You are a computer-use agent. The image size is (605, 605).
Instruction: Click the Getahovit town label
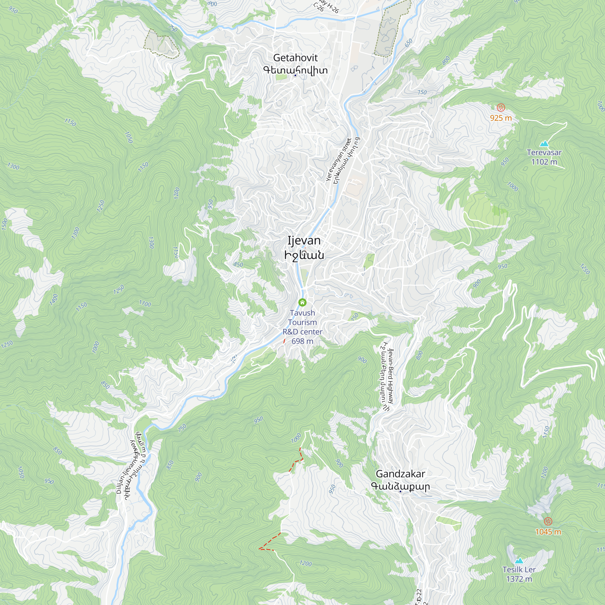point(295,58)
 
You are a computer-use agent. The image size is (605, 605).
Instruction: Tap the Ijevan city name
point(304,240)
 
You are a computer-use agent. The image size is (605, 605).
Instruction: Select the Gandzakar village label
point(400,474)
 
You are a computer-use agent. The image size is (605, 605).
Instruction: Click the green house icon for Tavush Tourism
point(302,302)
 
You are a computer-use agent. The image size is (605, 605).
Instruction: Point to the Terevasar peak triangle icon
point(544,144)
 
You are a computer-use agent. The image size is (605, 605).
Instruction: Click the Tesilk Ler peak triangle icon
point(519,561)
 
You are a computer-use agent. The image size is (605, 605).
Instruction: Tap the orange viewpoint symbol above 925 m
point(501,108)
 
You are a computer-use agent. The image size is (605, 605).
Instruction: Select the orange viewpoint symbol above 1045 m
point(548,521)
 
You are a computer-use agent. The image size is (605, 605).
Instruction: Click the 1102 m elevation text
point(544,162)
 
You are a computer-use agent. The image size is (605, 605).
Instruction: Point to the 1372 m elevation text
point(519,579)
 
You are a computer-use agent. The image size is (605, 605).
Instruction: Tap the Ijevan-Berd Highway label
point(390,376)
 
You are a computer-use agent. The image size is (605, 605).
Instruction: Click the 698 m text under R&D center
point(302,341)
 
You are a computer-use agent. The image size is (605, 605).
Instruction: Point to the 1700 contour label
point(145,303)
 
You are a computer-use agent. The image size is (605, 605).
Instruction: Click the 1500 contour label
point(4,224)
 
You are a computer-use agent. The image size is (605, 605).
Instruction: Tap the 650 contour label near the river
point(409,43)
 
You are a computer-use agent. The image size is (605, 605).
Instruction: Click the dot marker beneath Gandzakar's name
point(400,492)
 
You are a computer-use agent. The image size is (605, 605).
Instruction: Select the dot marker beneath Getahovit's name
point(295,75)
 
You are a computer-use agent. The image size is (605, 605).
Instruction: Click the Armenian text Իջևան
point(304,255)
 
